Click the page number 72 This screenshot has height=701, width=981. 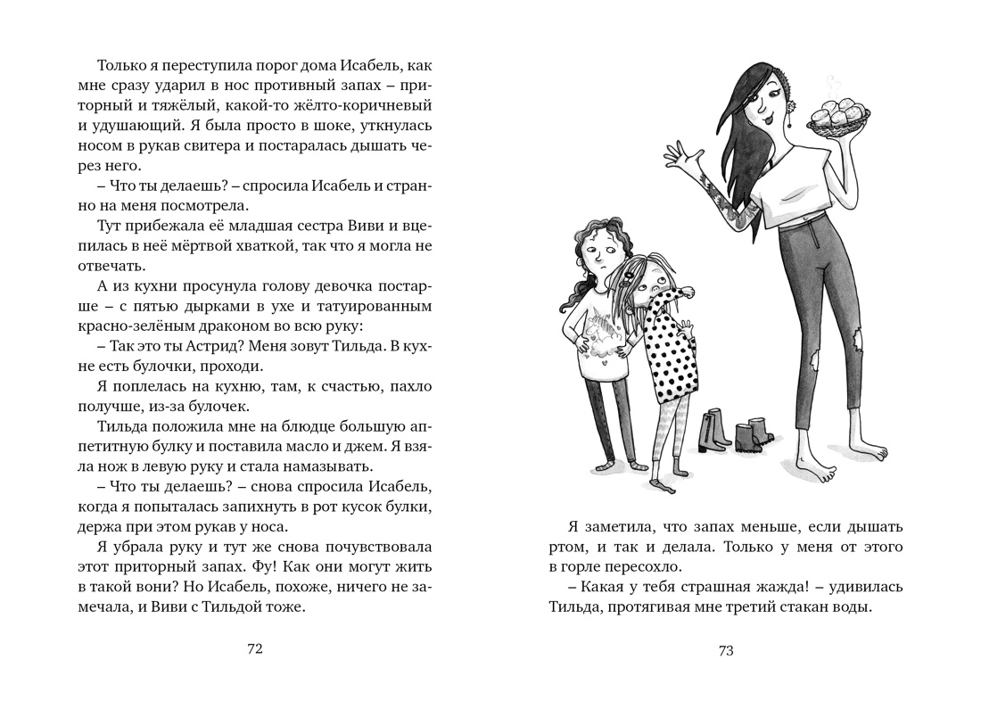254,649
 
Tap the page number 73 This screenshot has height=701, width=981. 725,650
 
